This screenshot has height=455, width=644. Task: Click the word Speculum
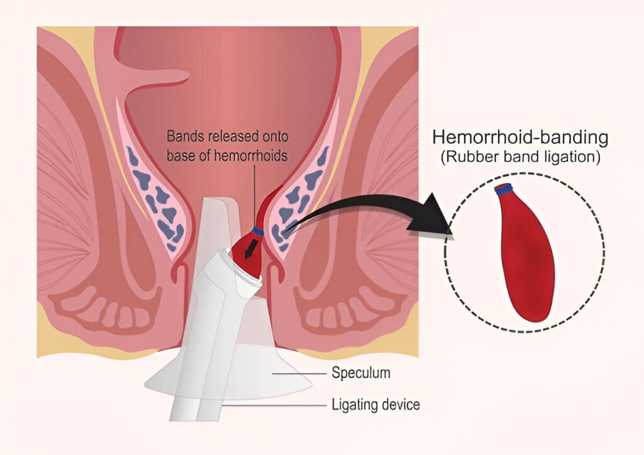[x=361, y=373]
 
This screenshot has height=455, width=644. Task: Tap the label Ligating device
[x=375, y=405]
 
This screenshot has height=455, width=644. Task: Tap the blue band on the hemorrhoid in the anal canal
[x=258, y=231]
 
